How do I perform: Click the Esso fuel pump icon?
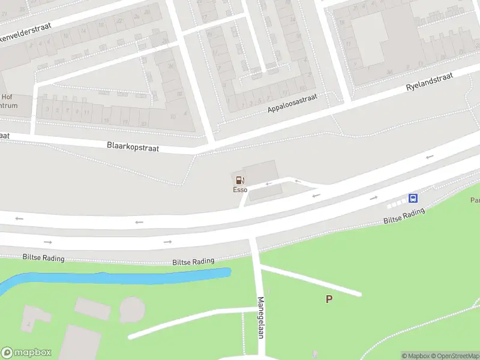point(239,179)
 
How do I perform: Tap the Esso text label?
point(240,190)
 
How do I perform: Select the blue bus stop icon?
point(413,198)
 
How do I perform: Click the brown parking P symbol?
point(329,299)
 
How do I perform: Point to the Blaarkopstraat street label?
point(133,146)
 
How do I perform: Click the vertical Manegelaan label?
point(261,317)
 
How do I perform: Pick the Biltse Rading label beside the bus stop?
point(404,216)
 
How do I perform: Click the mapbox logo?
point(26,352)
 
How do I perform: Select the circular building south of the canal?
point(132,309)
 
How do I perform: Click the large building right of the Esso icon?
point(260,172)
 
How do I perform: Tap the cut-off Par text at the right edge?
point(475,200)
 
